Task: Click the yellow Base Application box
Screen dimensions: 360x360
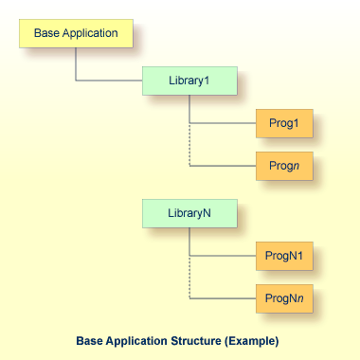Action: pyautogui.click(x=76, y=34)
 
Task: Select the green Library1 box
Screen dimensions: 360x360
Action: pyautogui.click(x=189, y=81)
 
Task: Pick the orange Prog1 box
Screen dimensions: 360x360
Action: pyautogui.click(x=283, y=124)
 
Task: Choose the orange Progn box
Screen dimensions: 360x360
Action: pyautogui.click(x=283, y=167)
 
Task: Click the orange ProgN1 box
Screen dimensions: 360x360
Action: pyautogui.click(x=283, y=257)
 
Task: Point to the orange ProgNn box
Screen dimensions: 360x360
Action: pyautogui.click(x=283, y=299)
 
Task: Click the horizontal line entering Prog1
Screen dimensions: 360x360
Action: pyautogui.click(x=223, y=124)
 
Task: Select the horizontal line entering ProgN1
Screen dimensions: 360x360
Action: pyautogui.click(x=223, y=257)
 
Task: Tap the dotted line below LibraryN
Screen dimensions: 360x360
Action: pyautogui.click(x=190, y=278)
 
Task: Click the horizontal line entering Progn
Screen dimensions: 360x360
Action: pyautogui.click(x=223, y=167)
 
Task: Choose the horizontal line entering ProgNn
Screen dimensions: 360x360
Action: pyautogui.click(x=223, y=299)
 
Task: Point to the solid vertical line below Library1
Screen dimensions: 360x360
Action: pyautogui.click(x=190, y=109)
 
